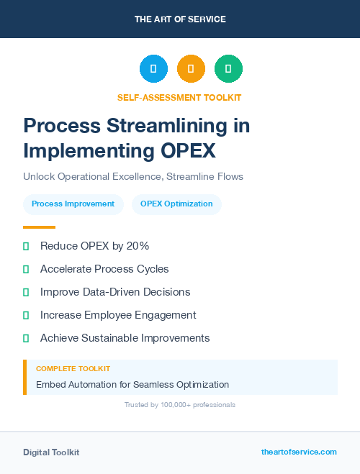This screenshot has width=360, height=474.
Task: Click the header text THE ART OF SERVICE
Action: (x=180, y=19)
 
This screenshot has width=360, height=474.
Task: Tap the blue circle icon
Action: (x=153, y=69)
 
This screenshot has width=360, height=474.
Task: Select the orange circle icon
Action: (x=191, y=69)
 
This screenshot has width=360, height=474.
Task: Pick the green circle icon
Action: (x=228, y=69)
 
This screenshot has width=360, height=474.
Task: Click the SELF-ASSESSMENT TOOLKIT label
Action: (x=179, y=97)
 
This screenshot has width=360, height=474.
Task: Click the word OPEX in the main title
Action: (x=184, y=151)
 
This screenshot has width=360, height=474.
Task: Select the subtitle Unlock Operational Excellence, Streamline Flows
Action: (x=132, y=176)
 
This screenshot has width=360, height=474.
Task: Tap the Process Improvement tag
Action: (x=73, y=204)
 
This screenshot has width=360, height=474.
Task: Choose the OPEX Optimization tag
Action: (x=176, y=204)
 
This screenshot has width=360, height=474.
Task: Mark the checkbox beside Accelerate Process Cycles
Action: (x=26, y=269)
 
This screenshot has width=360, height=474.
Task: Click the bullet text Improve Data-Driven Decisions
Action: (x=115, y=292)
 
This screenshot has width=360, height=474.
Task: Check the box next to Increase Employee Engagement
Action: (x=26, y=315)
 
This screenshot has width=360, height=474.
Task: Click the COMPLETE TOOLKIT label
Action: (x=73, y=369)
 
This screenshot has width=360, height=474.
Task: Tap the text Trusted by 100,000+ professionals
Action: (x=180, y=405)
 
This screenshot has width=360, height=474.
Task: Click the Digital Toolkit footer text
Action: (x=51, y=452)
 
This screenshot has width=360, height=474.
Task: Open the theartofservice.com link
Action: (x=299, y=452)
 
